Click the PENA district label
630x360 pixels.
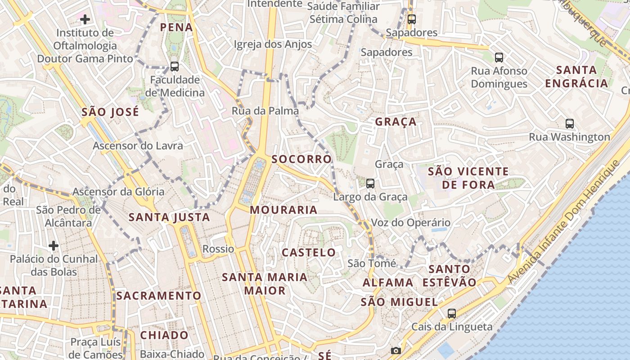[x=176, y=27]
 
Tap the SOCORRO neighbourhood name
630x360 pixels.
[x=301, y=159]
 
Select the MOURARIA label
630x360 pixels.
[x=283, y=210]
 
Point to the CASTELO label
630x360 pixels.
[x=309, y=252]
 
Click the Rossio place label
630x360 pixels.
[x=218, y=249]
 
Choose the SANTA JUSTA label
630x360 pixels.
[x=169, y=217]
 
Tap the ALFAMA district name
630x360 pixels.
[x=382, y=283]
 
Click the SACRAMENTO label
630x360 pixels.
[x=158, y=296]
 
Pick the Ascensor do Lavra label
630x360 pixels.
[x=138, y=145]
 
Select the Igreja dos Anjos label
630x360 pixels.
[x=273, y=44]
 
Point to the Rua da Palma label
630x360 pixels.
[x=265, y=111]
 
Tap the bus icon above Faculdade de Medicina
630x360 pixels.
[x=175, y=67]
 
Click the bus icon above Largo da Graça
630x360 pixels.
[x=370, y=183]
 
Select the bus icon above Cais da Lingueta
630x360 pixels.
[x=451, y=313]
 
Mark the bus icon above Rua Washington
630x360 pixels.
[x=570, y=123]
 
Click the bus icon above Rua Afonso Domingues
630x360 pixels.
[x=499, y=57]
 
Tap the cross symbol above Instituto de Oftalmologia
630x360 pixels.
[x=85, y=19]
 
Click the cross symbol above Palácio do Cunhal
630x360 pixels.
[x=54, y=245]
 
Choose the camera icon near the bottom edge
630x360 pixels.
[x=396, y=351]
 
